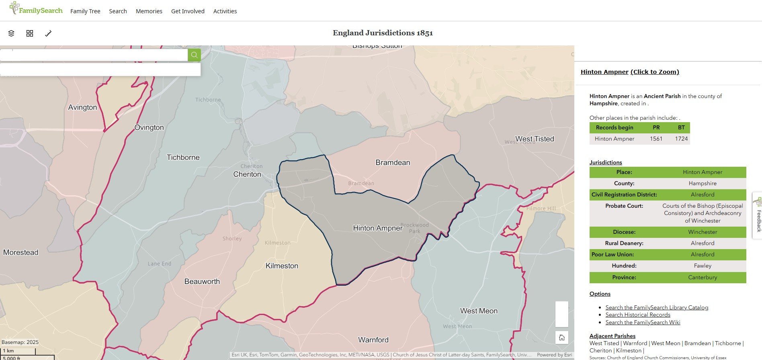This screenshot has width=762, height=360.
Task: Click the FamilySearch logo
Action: (x=36, y=9)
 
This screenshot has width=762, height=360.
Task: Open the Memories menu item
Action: (x=149, y=11)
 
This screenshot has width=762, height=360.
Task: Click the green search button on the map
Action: (x=194, y=55)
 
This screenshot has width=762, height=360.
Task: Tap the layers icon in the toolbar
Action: (x=11, y=33)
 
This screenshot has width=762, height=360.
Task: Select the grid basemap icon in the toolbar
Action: (x=30, y=33)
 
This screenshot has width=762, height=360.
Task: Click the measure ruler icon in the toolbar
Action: (x=48, y=33)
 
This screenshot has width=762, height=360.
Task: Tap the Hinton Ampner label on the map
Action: (x=377, y=228)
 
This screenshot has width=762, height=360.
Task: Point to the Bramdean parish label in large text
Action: (x=393, y=163)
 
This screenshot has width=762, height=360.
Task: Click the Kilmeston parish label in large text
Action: (x=282, y=266)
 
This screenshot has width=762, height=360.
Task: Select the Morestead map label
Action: (x=21, y=252)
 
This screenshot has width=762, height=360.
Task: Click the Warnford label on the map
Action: (x=373, y=340)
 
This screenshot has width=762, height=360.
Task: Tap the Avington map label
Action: (x=82, y=107)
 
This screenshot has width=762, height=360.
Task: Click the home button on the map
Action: (x=562, y=337)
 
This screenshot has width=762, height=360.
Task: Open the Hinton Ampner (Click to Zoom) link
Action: (x=630, y=72)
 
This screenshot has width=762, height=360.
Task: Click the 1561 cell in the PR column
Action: (x=656, y=139)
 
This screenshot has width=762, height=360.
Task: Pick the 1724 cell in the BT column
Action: (x=681, y=139)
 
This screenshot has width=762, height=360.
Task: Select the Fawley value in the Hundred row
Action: (x=703, y=266)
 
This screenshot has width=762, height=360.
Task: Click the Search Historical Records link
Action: (x=638, y=315)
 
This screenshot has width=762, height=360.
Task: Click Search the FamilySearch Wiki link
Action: (x=643, y=322)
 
